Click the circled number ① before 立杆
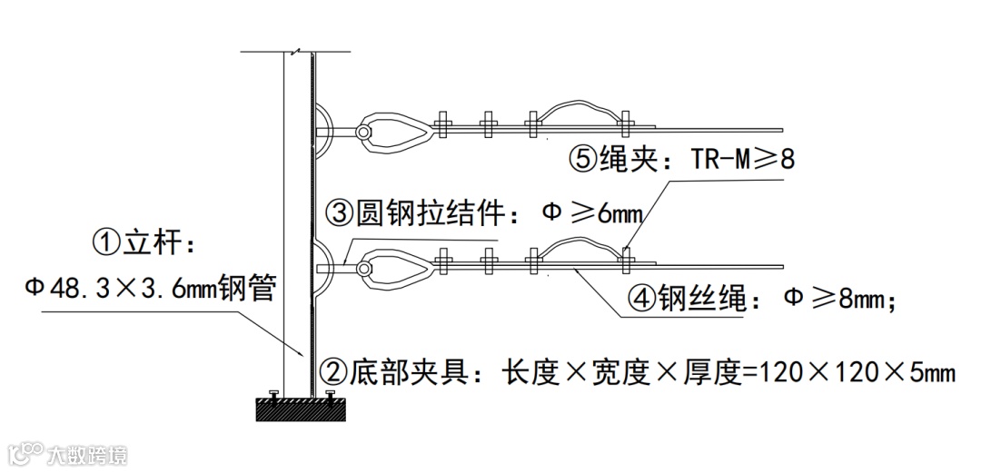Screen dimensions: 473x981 click(107, 242)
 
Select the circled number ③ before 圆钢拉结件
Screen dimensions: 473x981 click(340, 214)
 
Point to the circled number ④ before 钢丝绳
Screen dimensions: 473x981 click(640, 298)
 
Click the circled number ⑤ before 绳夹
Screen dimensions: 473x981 click(582, 160)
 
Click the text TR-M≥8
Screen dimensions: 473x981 click(743, 160)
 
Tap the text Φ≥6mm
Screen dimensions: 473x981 click(591, 214)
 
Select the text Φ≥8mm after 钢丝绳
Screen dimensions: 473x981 click(839, 298)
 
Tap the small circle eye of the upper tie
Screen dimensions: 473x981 click(362, 133)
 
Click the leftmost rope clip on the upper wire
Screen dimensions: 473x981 click(445, 125)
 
